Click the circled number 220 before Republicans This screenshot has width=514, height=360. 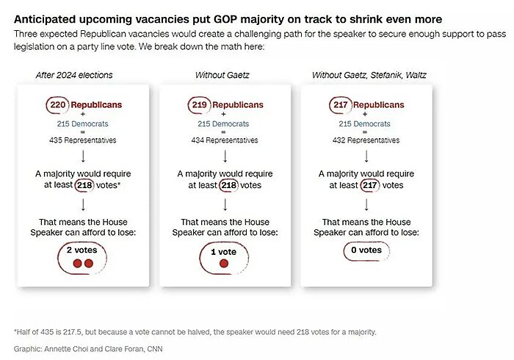(x=58, y=105)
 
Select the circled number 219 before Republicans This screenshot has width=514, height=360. (x=200, y=105)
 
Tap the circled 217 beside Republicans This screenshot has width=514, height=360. (x=341, y=105)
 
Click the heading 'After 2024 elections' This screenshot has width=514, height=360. (x=74, y=75)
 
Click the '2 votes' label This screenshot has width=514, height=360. (x=82, y=250)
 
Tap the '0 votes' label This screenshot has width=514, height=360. (x=365, y=250)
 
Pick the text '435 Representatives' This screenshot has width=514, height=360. (x=82, y=140)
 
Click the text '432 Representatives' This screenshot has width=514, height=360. (x=365, y=140)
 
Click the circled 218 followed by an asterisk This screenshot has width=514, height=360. (x=86, y=185)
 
